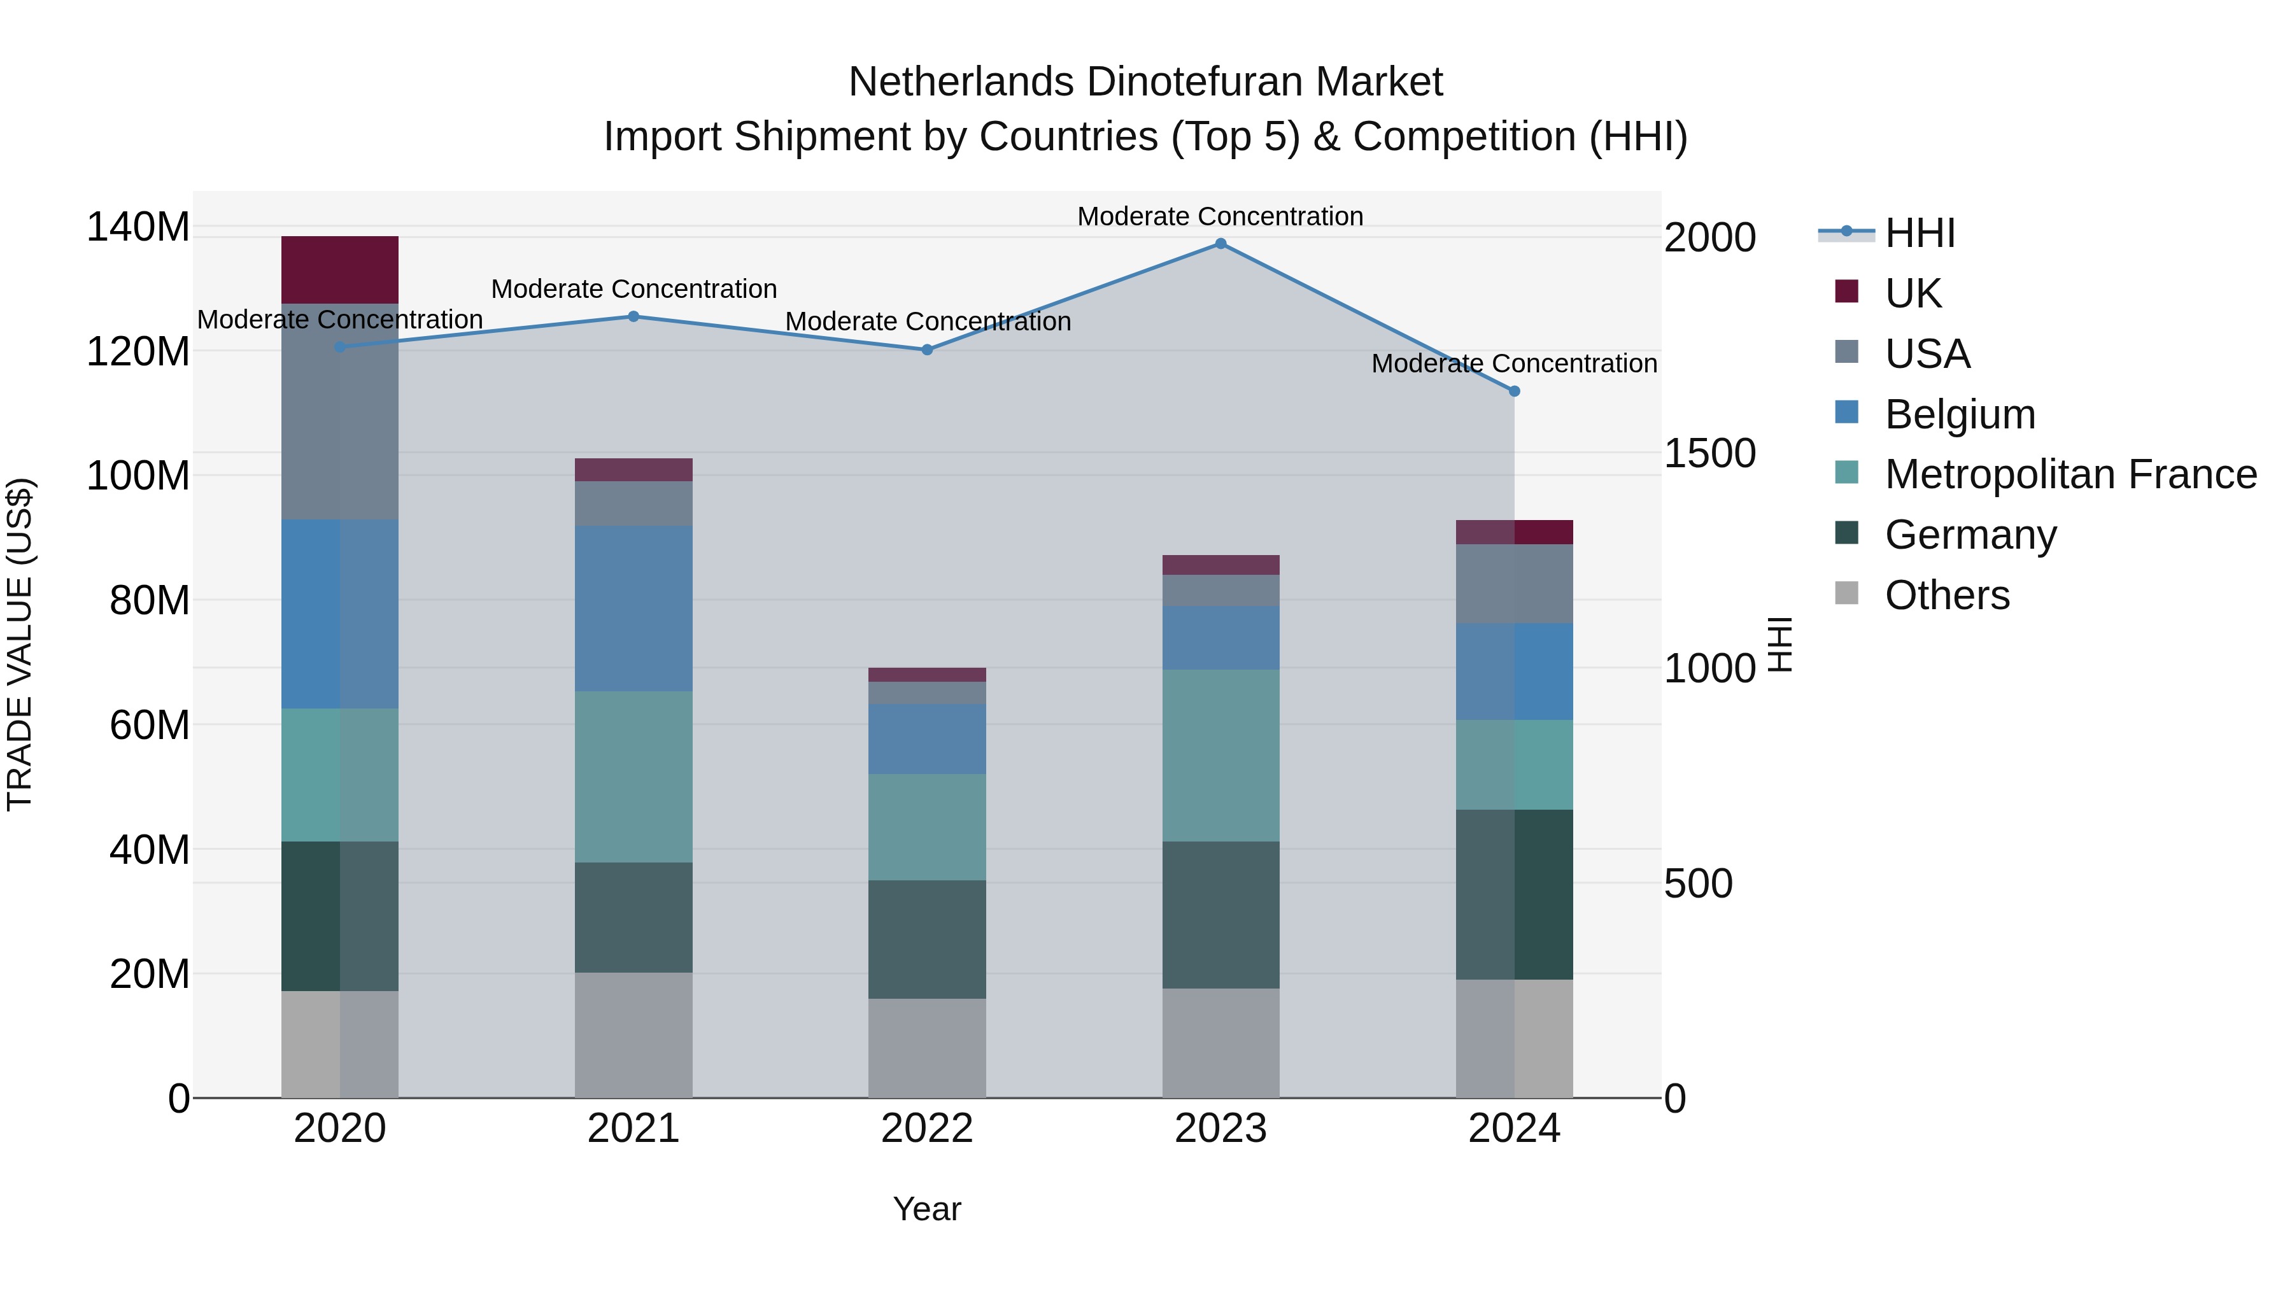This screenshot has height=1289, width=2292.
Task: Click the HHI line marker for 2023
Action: (1220, 244)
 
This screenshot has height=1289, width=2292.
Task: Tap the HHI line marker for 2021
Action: (633, 317)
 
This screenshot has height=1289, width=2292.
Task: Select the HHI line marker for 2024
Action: (1515, 391)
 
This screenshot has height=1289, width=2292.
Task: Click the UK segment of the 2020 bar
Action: (340, 271)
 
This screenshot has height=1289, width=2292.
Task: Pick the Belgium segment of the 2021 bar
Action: (633, 609)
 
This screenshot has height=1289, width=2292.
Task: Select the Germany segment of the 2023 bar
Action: (1220, 915)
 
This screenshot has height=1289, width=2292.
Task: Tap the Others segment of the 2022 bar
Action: (926, 1048)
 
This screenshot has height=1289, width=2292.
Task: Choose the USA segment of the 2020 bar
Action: (340, 412)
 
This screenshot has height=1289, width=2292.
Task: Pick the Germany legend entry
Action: (1970, 535)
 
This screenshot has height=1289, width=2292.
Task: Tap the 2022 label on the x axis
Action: (926, 1129)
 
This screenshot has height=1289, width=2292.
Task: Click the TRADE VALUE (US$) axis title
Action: (20, 644)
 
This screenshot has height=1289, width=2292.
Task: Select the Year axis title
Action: (926, 1209)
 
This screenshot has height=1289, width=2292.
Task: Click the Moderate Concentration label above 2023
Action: (1220, 216)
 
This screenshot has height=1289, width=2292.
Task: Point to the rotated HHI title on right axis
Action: (1779, 644)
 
